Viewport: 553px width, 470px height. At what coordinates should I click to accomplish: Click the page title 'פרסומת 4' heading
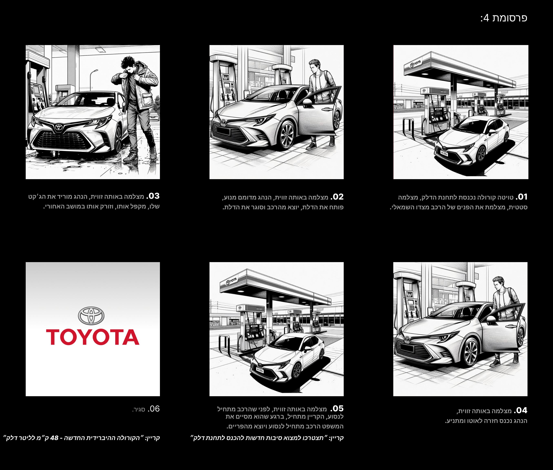504,18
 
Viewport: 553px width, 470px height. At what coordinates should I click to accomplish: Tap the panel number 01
522,197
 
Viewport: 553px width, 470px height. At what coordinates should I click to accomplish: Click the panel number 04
521,410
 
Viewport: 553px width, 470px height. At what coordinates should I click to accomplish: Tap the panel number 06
154,409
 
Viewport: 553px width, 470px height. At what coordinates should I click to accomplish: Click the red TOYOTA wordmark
93,337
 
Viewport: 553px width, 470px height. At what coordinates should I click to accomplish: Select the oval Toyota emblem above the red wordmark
91,316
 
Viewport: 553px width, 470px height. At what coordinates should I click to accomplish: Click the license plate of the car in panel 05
260,371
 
